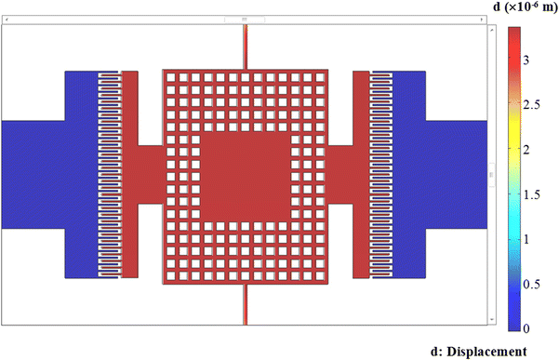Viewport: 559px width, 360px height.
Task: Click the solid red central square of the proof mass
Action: [245, 174]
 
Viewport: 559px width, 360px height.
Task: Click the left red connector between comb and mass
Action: [151, 174]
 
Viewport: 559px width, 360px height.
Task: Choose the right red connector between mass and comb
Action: [340, 174]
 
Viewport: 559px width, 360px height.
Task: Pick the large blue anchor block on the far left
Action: [37, 174]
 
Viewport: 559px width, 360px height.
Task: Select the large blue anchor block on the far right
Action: [456, 174]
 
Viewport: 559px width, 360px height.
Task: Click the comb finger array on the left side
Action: [110, 174]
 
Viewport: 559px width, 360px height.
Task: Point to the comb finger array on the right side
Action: [381, 174]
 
